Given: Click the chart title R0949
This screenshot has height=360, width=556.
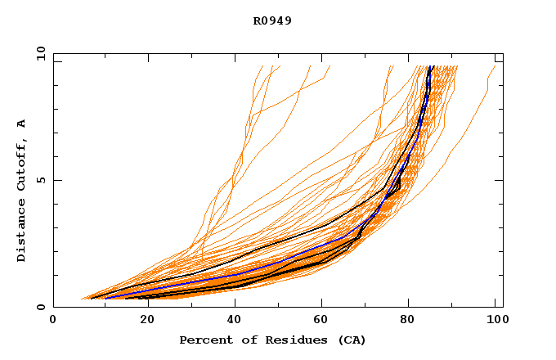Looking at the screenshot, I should (272, 21).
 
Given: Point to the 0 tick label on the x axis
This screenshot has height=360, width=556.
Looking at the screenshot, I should (53, 322).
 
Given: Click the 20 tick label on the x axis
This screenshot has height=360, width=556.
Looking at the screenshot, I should (142, 322).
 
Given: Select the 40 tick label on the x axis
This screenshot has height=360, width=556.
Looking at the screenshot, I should (231, 322).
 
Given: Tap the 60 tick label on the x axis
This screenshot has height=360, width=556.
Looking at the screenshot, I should (319, 322).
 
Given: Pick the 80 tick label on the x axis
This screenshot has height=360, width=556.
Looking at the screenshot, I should (407, 322).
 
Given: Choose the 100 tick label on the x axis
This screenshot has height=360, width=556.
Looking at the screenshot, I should (492, 322).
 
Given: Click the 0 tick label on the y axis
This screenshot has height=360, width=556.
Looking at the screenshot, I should (40, 308).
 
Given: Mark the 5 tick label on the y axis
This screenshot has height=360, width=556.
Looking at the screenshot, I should (40, 180).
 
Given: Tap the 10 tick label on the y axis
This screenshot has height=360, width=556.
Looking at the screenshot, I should (40, 54).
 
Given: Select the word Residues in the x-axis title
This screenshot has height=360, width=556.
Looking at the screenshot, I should (292, 340).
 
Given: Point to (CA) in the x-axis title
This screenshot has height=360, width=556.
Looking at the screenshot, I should (350, 340).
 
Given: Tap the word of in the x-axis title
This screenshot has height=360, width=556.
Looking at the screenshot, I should (246, 340).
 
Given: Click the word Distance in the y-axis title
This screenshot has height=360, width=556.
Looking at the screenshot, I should (22, 232).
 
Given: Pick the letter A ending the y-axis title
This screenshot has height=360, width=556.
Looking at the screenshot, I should (22, 124).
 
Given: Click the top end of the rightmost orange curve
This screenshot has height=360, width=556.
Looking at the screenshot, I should (495, 66).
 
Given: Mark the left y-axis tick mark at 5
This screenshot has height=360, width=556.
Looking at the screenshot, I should (56, 180).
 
